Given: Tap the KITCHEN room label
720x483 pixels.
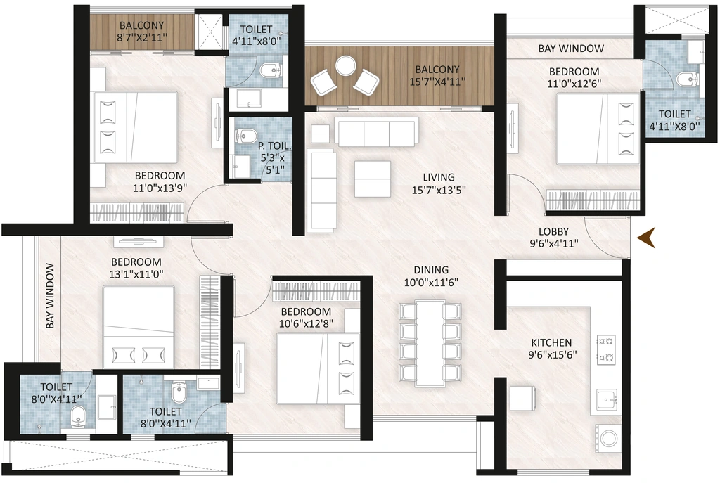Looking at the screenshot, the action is (x=551, y=342).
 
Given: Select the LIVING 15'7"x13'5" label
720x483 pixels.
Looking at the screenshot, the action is (x=439, y=183).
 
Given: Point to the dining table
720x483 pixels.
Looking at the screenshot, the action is (x=430, y=342).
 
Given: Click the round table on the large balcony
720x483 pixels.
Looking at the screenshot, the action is (x=344, y=65).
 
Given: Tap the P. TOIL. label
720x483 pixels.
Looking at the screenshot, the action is (x=274, y=146).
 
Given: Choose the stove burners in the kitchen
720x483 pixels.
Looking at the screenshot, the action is (x=606, y=349).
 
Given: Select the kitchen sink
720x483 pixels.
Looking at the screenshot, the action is (x=607, y=399).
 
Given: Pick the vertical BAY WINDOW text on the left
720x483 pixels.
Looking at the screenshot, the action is (x=50, y=295).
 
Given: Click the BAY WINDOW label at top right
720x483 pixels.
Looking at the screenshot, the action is (x=571, y=49).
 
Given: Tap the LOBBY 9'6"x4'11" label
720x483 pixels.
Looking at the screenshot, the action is (x=554, y=238).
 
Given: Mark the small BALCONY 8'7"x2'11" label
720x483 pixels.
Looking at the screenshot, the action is (x=142, y=31).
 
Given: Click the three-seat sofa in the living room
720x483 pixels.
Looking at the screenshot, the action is (x=377, y=131).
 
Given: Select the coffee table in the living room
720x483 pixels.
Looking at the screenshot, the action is (x=373, y=179).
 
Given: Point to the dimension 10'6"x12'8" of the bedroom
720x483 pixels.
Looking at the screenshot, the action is (x=307, y=323).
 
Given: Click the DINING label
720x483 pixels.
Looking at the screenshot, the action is (x=431, y=270).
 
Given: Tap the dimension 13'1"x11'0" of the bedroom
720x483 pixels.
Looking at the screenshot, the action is (x=136, y=274).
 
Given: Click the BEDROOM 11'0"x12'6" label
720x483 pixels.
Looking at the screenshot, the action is (x=574, y=77).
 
